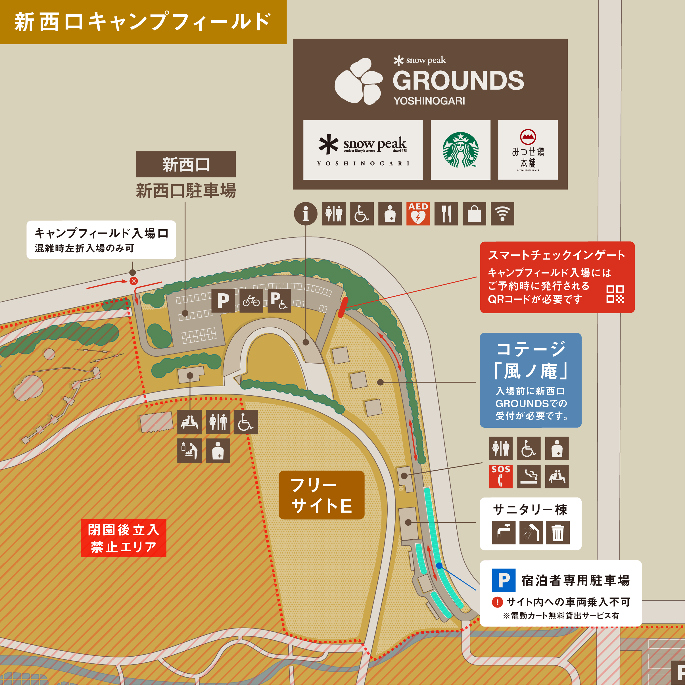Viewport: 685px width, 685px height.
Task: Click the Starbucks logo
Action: click(x=460, y=150)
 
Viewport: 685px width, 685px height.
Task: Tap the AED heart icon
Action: click(x=418, y=214)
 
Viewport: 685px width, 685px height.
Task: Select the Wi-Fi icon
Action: click(x=502, y=214)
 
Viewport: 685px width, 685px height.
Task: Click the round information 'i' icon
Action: click(x=305, y=214)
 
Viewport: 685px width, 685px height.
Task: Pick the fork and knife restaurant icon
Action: click(x=446, y=214)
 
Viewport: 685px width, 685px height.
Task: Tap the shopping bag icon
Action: click(x=474, y=214)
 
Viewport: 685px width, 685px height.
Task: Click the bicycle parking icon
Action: click(x=251, y=301)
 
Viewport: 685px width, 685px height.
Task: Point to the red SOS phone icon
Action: click(x=501, y=477)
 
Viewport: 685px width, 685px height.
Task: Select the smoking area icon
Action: click(x=529, y=477)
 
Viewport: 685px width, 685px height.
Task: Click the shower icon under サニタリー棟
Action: click(x=531, y=532)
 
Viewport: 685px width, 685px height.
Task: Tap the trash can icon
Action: click(x=558, y=532)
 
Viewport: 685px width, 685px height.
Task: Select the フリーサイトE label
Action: click(x=321, y=495)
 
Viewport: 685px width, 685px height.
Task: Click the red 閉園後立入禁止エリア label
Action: click(x=123, y=538)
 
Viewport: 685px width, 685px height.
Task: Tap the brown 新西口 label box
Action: click(x=186, y=164)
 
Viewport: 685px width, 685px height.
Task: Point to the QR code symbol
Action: click(x=615, y=294)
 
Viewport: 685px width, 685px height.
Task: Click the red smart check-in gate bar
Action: click(x=343, y=307)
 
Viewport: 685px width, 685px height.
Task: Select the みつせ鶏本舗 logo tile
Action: click(x=528, y=150)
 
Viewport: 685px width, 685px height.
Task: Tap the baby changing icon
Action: click(x=189, y=451)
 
